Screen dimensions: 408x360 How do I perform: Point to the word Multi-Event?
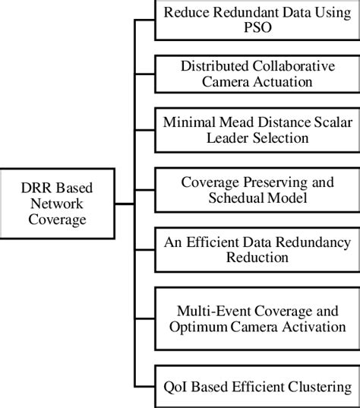pyautogui.click(x=207, y=311)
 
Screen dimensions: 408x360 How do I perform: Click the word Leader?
pyautogui.click(x=219, y=138)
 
